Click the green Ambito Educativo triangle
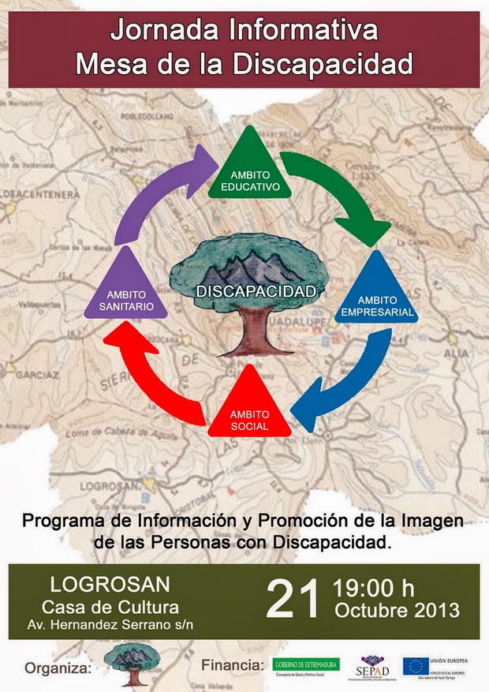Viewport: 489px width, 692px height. coord(249,170)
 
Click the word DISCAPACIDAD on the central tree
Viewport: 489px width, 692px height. coord(256,291)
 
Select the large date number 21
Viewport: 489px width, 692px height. coord(293,600)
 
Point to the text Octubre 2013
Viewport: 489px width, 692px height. coord(397,610)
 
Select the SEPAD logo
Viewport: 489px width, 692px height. coord(373,667)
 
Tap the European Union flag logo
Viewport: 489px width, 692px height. coord(416,666)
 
